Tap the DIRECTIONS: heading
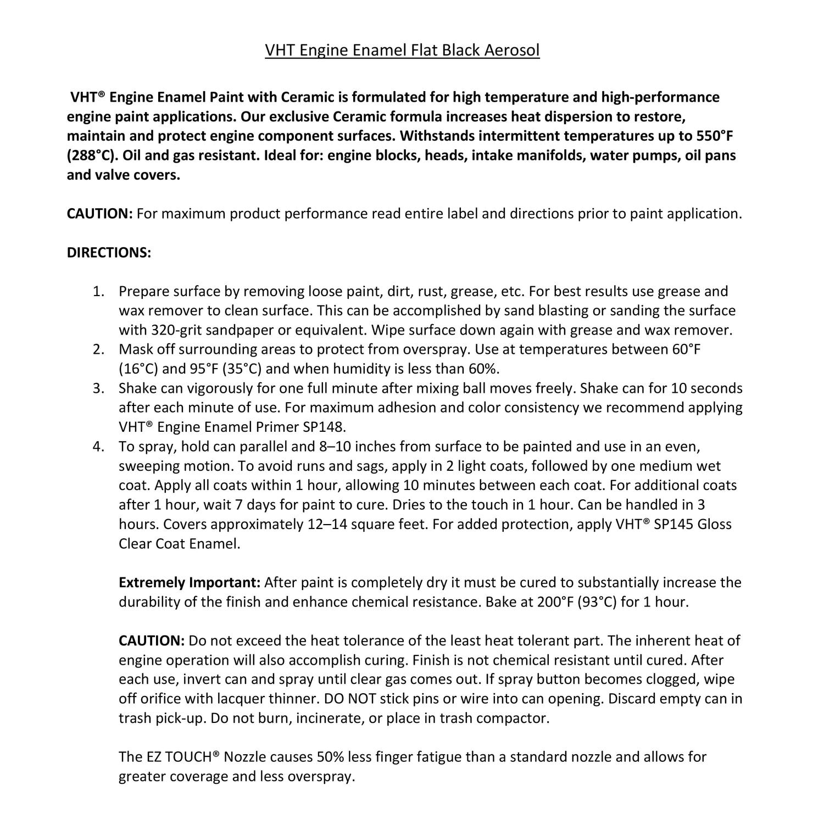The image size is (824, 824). pos(109,253)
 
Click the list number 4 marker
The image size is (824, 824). pos(98,447)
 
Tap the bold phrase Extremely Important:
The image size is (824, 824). pos(190,582)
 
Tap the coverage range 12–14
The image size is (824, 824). pos(326,524)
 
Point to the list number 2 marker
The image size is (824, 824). pos(98,349)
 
